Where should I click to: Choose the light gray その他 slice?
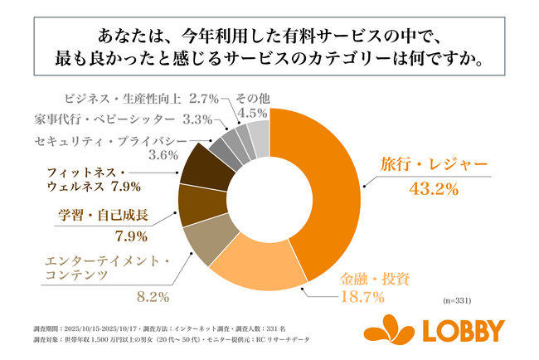(x=259, y=136)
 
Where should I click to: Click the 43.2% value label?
(x=434, y=189)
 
